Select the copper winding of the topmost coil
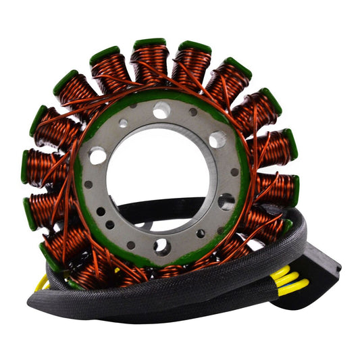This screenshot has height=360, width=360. [150, 64]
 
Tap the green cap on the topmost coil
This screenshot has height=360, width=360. [149, 44]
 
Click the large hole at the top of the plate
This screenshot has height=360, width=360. [161, 110]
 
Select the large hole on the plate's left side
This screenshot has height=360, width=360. [99, 156]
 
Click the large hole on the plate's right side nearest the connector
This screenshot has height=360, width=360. [226, 201]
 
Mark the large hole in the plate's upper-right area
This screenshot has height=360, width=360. [217, 140]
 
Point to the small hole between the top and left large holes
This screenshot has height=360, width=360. [123, 124]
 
